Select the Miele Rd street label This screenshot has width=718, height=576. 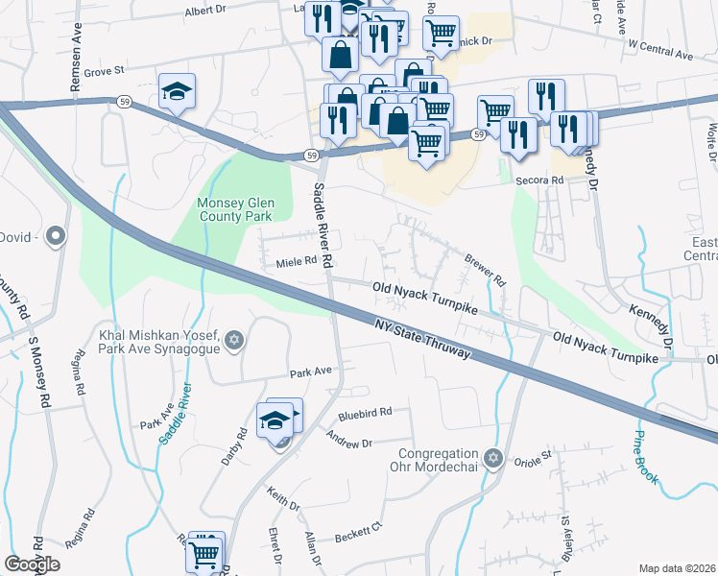coord(296,261)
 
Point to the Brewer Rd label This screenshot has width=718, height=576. coord(485,268)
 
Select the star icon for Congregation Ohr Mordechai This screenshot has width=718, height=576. coord(493,458)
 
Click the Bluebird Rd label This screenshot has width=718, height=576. coord(365,413)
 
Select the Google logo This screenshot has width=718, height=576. coord(32,564)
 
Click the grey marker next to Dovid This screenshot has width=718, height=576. coord(56,235)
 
